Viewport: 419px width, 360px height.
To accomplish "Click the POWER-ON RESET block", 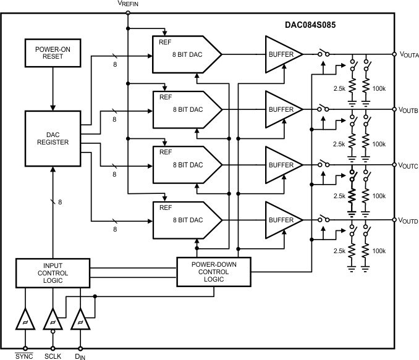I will click(x=53, y=53).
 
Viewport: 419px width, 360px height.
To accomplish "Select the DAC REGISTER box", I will click(x=53, y=138).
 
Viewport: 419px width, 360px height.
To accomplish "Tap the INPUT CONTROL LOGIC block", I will click(x=53, y=273).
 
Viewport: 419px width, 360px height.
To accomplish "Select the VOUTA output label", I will click(x=408, y=56).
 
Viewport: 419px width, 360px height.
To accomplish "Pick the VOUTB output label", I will click(x=408, y=111).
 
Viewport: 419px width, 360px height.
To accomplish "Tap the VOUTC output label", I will click(x=408, y=165).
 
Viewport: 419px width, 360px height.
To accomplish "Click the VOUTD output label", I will click(x=408, y=220).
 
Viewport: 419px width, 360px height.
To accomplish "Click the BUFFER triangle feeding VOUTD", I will click(x=281, y=220).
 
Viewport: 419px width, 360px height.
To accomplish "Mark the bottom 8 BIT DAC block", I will click(x=185, y=220).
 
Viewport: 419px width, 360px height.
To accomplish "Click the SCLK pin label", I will click(x=53, y=355).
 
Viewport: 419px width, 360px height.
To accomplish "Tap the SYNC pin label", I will click(x=25, y=355).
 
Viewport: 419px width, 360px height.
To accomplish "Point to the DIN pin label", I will click(x=80, y=355).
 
